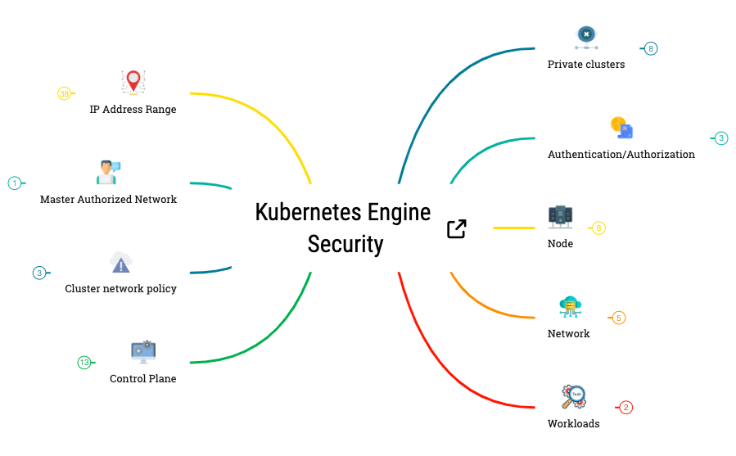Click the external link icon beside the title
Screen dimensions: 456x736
coord(457,229)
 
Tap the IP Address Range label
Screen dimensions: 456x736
coord(133,109)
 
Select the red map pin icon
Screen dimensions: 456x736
coord(133,81)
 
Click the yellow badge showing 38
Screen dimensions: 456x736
coord(64,93)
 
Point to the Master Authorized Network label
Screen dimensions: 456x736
coord(108,199)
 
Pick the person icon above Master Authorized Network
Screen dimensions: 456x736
coord(107,172)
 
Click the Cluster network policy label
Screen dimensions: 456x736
coord(120,288)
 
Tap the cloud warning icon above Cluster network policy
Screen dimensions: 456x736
coord(121,263)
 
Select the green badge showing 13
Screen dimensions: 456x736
coord(84,363)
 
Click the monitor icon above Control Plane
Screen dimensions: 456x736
coord(143,352)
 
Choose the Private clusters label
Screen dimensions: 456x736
coord(585,64)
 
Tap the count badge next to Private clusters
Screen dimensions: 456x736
coord(651,48)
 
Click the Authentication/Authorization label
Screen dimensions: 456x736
coord(621,154)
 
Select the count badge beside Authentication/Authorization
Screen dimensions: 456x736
coord(721,138)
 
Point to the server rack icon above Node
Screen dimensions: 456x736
coord(560,216)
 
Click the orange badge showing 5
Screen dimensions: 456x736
coord(619,318)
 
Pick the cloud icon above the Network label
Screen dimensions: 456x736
coord(570,307)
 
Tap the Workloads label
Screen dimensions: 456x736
coord(573,423)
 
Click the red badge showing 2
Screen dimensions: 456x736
coord(626,407)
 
